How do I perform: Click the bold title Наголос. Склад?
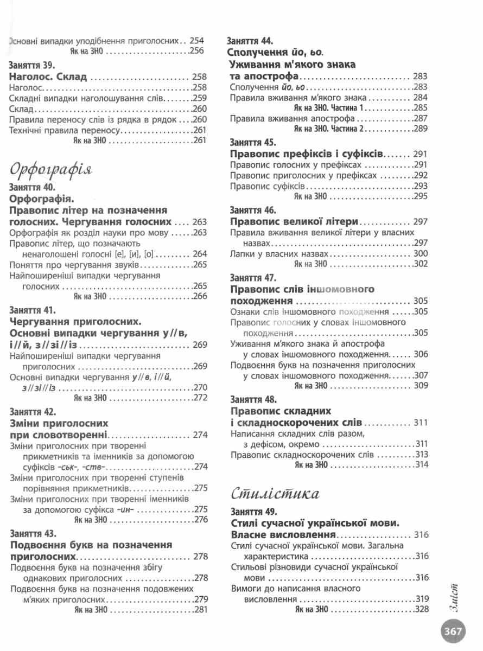click(x=48, y=77)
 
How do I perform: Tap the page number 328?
click(x=421, y=609)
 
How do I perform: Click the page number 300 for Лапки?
click(x=421, y=253)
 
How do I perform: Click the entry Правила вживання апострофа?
click(x=291, y=118)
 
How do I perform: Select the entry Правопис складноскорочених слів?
click(x=302, y=454)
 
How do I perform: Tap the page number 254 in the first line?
click(x=196, y=40)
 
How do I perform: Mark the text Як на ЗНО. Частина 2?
click(x=330, y=129)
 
